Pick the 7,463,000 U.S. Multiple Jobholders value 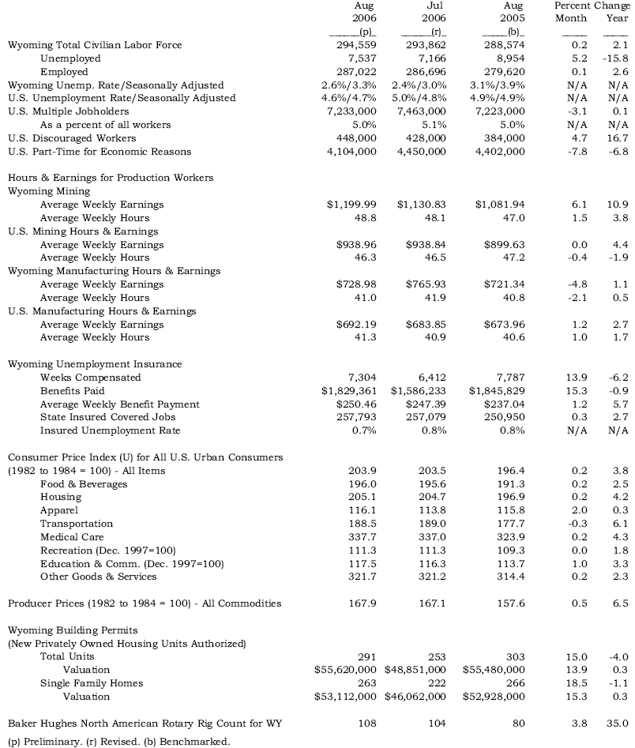(421, 111)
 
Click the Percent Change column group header (592, 6)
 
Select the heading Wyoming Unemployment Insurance (95, 364)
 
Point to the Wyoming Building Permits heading (73, 630)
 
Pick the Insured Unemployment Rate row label (111, 430)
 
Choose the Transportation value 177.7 (507, 524)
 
